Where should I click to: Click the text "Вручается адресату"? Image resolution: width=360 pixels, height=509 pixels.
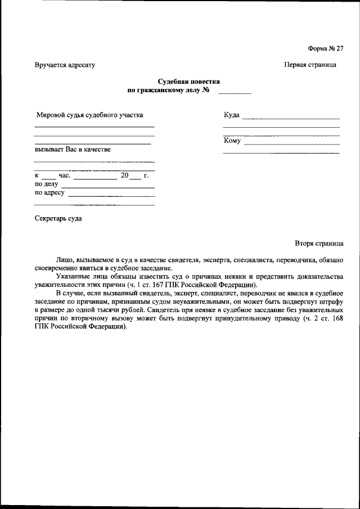(65, 65)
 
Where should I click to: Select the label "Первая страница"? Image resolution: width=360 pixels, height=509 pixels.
(310, 65)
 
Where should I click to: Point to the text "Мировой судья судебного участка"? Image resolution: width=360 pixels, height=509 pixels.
(89, 115)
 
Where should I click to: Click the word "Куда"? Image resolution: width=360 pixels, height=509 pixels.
(231, 115)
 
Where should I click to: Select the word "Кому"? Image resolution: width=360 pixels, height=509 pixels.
(232, 141)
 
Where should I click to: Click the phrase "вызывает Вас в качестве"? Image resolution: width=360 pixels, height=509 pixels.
(73, 149)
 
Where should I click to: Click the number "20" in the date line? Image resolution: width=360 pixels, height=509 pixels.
(124, 175)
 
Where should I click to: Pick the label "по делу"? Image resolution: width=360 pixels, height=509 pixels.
(47, 184)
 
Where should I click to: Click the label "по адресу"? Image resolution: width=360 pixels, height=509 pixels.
(49, 193)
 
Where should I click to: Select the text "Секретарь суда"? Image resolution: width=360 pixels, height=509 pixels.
(58, 218)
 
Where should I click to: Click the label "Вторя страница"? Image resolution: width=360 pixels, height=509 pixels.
(318, 244)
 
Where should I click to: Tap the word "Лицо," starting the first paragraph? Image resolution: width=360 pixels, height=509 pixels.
(66, 260)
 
